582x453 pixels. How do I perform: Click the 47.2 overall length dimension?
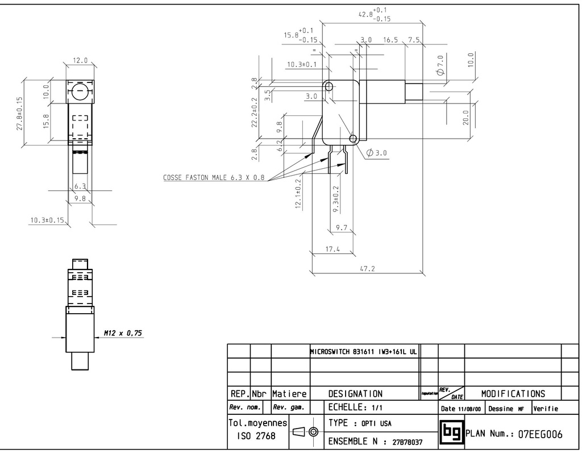point(368,268)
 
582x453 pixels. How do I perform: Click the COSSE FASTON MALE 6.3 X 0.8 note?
point(214,177)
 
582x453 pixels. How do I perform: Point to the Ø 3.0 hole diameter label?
point(377,152)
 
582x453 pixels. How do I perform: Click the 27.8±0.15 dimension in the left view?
point(19,114)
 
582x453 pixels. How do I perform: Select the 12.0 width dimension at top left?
point(80,60)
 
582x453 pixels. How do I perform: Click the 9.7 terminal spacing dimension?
point(342,227)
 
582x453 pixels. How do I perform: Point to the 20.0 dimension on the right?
point(467,118)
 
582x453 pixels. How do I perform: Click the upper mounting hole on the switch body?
point(329,86)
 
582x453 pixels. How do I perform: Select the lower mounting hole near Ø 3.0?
point(353,138)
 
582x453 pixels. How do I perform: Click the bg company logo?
point(451,433)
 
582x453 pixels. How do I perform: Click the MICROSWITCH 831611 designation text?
point(364,351)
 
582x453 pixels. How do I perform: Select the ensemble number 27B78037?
point(408,441)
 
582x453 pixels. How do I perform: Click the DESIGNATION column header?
point(355,393)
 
